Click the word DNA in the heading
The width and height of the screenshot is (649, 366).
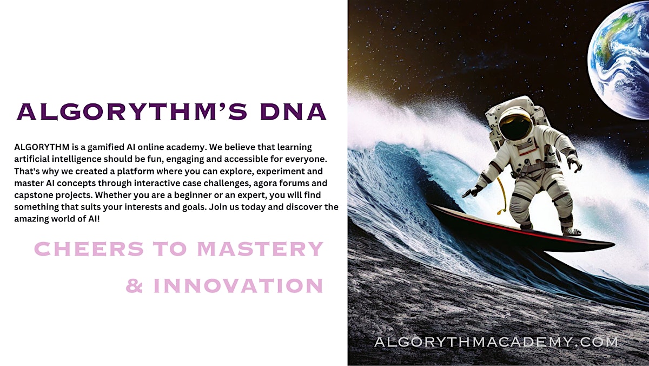[294, 112]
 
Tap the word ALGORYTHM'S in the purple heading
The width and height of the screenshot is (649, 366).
[132, 112]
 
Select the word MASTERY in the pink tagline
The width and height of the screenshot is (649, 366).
[260, 249]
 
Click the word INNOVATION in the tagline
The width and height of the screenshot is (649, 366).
[238, 285]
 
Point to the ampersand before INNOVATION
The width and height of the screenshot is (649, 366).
[135, 285]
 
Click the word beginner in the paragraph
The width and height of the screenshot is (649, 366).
[193, 195]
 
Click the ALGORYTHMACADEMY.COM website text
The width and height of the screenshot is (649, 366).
[496, 342]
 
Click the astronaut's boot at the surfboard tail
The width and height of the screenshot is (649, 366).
[571, 231]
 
